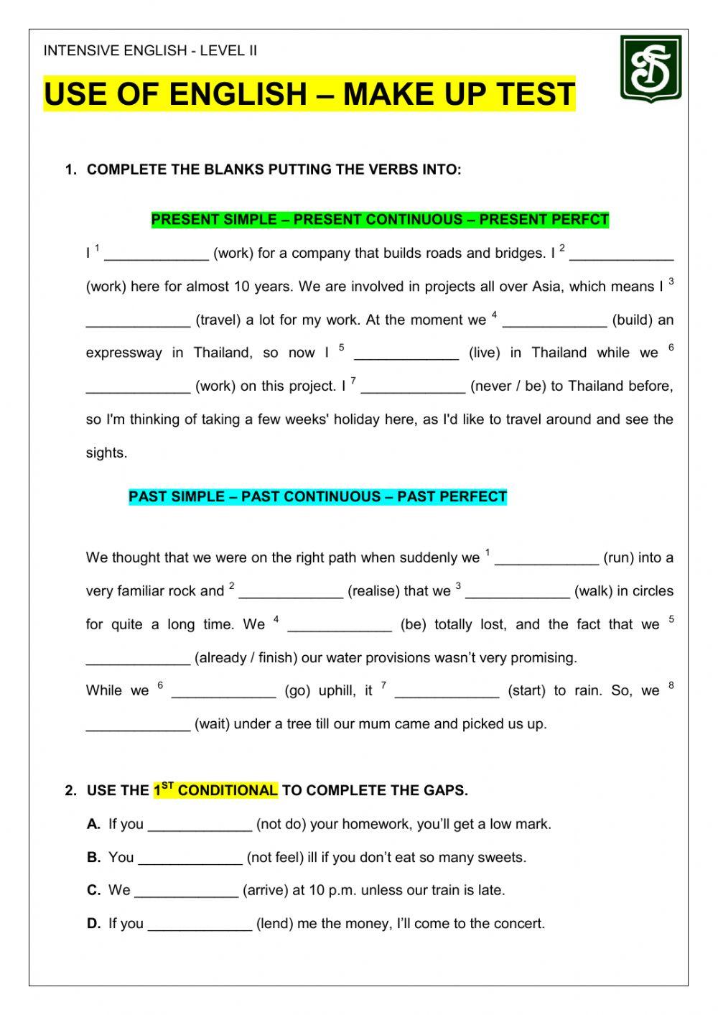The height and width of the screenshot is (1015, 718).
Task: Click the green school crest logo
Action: pyautogui.click(x=651, y=69)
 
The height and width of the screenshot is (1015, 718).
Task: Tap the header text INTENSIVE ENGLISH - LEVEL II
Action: pyautogui.click(x=150, y=50)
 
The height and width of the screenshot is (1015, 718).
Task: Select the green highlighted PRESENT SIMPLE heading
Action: pyautogui.click(x=380, y=219)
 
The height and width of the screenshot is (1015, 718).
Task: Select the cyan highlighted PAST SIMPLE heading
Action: pyautogui.click(x=317, y=496)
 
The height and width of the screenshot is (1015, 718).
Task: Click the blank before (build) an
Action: pyautogui.click(x=554, y=320)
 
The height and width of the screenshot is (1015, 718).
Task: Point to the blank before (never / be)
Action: pyautogui.click(x=413, y=386)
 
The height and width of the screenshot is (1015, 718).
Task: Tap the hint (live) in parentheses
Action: pyautogui.click(x=485, y=353)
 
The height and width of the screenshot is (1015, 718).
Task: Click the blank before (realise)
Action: pyautogui.click(x=291, y=591)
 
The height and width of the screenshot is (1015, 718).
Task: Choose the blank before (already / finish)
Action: pyautogui.click(x=138, y=657)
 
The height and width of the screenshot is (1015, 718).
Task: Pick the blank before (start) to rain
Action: pyautogui.click(x=447, y=690)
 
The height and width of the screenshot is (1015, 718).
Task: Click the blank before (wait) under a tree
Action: pyautogui.click(x=138, y=724)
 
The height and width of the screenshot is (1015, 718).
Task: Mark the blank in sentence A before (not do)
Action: pyautogui.click(x=200, y=824)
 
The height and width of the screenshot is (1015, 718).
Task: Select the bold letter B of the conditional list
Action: pyautogui.click(x=93, y=857)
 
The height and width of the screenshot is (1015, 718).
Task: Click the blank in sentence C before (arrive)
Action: pyautogui.click(x=186, y=890)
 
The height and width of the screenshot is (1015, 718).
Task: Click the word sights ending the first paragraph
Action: pyautogui.click(x=106, y=453)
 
